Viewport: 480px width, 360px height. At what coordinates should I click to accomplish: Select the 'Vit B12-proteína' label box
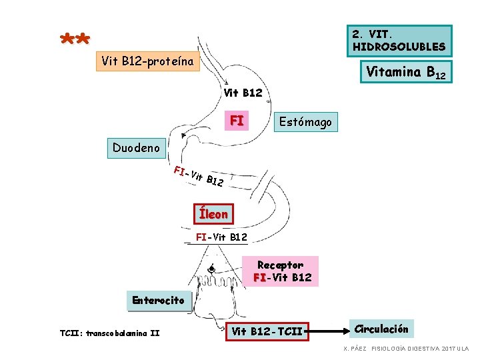point(148,62)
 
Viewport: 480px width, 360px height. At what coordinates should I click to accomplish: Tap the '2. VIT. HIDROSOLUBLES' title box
point(399,40)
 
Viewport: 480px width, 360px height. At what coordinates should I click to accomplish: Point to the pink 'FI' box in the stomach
point(236,121)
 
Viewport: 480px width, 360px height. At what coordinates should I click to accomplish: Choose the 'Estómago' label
point(305,122)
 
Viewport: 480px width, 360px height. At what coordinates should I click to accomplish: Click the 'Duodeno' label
point(136,147)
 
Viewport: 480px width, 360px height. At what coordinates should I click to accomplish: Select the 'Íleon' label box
point(213,214)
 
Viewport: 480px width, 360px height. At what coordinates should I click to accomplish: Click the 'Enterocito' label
point(158,300)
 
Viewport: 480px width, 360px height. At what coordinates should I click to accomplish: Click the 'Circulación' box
point(381,329)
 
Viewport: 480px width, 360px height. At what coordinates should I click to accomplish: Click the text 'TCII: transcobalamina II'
point(109,333)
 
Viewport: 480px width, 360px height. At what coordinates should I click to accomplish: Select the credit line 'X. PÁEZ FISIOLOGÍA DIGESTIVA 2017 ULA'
point(406,349)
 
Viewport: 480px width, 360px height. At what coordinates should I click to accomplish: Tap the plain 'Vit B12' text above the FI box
point(243,93)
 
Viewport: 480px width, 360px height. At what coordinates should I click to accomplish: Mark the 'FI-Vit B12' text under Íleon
point(221,237)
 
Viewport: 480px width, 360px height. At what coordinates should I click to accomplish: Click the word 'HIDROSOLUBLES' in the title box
point(399,47)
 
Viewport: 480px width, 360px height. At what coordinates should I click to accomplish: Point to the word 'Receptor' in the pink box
point(280,265)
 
